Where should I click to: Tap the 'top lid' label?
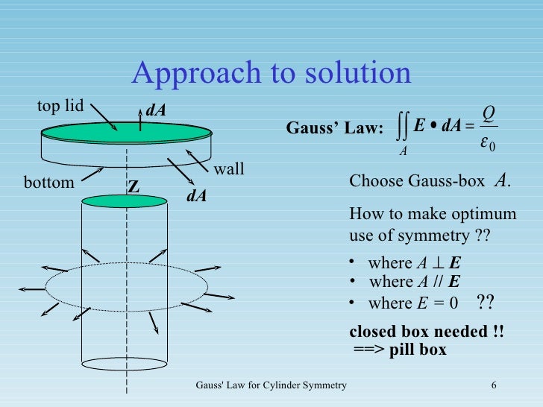pyautogui.click(x=60, y=106)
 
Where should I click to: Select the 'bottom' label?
pyautogui.click(x=49, y=182)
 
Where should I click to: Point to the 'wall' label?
pyautogui.click(x=229, y=169)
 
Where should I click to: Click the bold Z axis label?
pyautogui.click(x=134, y=189)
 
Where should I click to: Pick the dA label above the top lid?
pyautogui.click(x=155, y=110)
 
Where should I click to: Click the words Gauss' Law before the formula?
pyautogui.click(x=334, y=129)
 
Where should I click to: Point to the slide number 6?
pyautogui.click(x=495, y=385)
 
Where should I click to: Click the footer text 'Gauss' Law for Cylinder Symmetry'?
pyautogui.click(x=271, y=385)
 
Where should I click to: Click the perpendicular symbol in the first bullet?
pyautogui.click(x=433, y=262)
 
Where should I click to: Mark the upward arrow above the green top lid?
pyautogui.click(x=142, y=121)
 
